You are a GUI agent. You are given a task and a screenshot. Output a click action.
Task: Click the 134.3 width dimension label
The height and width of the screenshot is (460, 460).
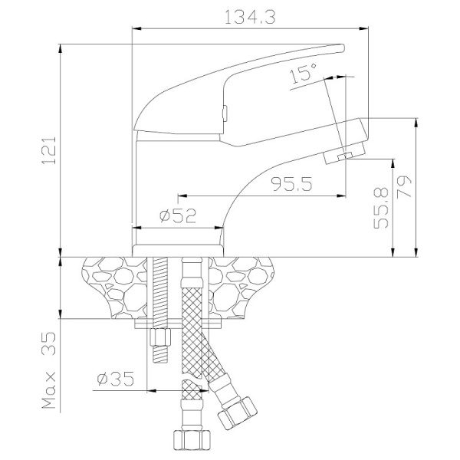tap(250, 18)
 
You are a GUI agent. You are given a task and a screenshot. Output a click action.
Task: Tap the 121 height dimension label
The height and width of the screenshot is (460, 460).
tap(49, 150)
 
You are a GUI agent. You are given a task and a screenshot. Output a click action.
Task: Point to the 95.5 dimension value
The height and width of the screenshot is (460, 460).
tap(291, 184)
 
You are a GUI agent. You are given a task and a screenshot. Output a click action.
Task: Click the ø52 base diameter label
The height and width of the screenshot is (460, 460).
tap(178, 216)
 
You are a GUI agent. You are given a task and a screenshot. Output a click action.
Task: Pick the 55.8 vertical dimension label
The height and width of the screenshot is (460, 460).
tap(381, 209)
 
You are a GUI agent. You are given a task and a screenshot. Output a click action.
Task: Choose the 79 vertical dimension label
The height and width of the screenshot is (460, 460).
tap(404, 186)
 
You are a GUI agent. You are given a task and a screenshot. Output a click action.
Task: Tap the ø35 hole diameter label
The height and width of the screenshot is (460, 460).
tap(115, 379)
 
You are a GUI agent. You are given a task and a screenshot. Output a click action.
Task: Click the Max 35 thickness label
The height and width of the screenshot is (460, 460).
tap(49, 370)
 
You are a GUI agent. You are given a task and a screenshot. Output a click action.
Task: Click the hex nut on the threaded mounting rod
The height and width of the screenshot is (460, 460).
tap(160, 337)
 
